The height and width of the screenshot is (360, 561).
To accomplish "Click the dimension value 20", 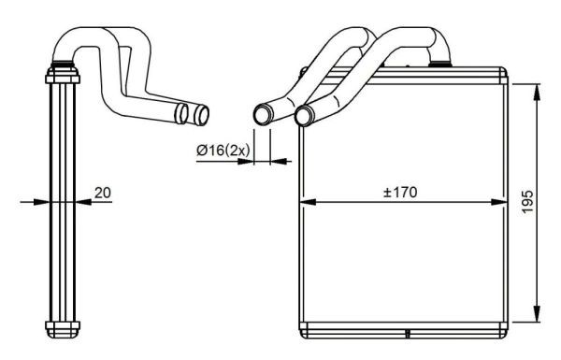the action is pos(103,193).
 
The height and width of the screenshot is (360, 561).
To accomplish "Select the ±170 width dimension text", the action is pos(400,193).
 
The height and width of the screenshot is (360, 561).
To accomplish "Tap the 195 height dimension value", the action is pos(527,202).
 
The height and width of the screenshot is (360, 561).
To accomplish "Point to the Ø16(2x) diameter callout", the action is pos(223,151).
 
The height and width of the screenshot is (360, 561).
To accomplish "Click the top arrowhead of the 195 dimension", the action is pos(537,93).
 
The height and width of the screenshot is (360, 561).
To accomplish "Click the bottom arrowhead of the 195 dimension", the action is pos(537,314).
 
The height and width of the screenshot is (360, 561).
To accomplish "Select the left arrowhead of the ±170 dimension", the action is pos(308,202).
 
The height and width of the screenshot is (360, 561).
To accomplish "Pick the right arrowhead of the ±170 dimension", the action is pos(499,202).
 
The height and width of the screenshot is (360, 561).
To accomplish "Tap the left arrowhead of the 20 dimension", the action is pos(41,202).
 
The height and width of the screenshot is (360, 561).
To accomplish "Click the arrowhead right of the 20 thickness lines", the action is pos(84,202).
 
